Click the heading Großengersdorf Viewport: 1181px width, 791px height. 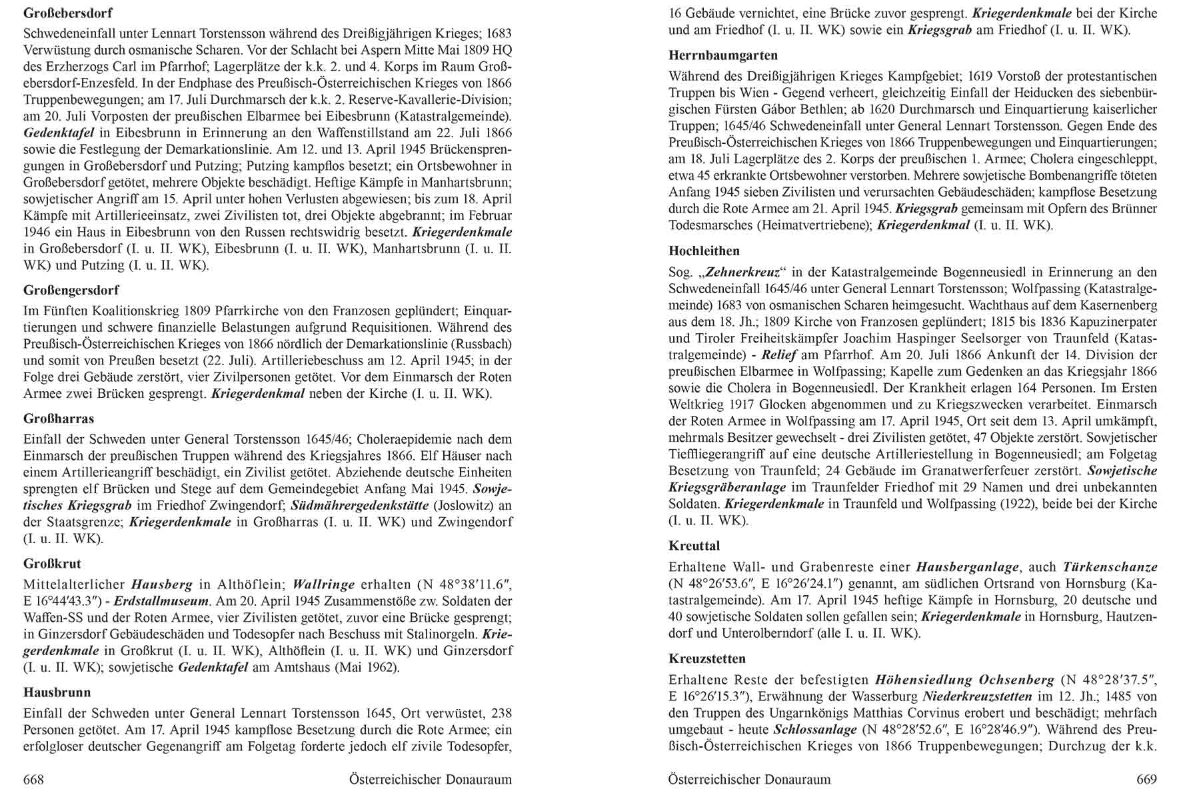pyautogui.click(x=71, y=291)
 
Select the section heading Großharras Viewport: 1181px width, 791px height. pyautogui.click(x=59, y=419)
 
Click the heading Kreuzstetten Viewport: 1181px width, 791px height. pyautogui.click(x=707, y=659)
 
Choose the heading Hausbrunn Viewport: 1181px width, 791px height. pyautogui.click(x=57, y=692)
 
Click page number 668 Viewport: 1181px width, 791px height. pyautogui.click(x=34, y=779)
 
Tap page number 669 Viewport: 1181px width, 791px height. pyautogui.click(x=1146, y=779)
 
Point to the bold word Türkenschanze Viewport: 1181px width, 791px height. pyautogui.click(x=1110, y=567)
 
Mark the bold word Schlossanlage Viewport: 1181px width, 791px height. pyautogui.click(x=806, y=730)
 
